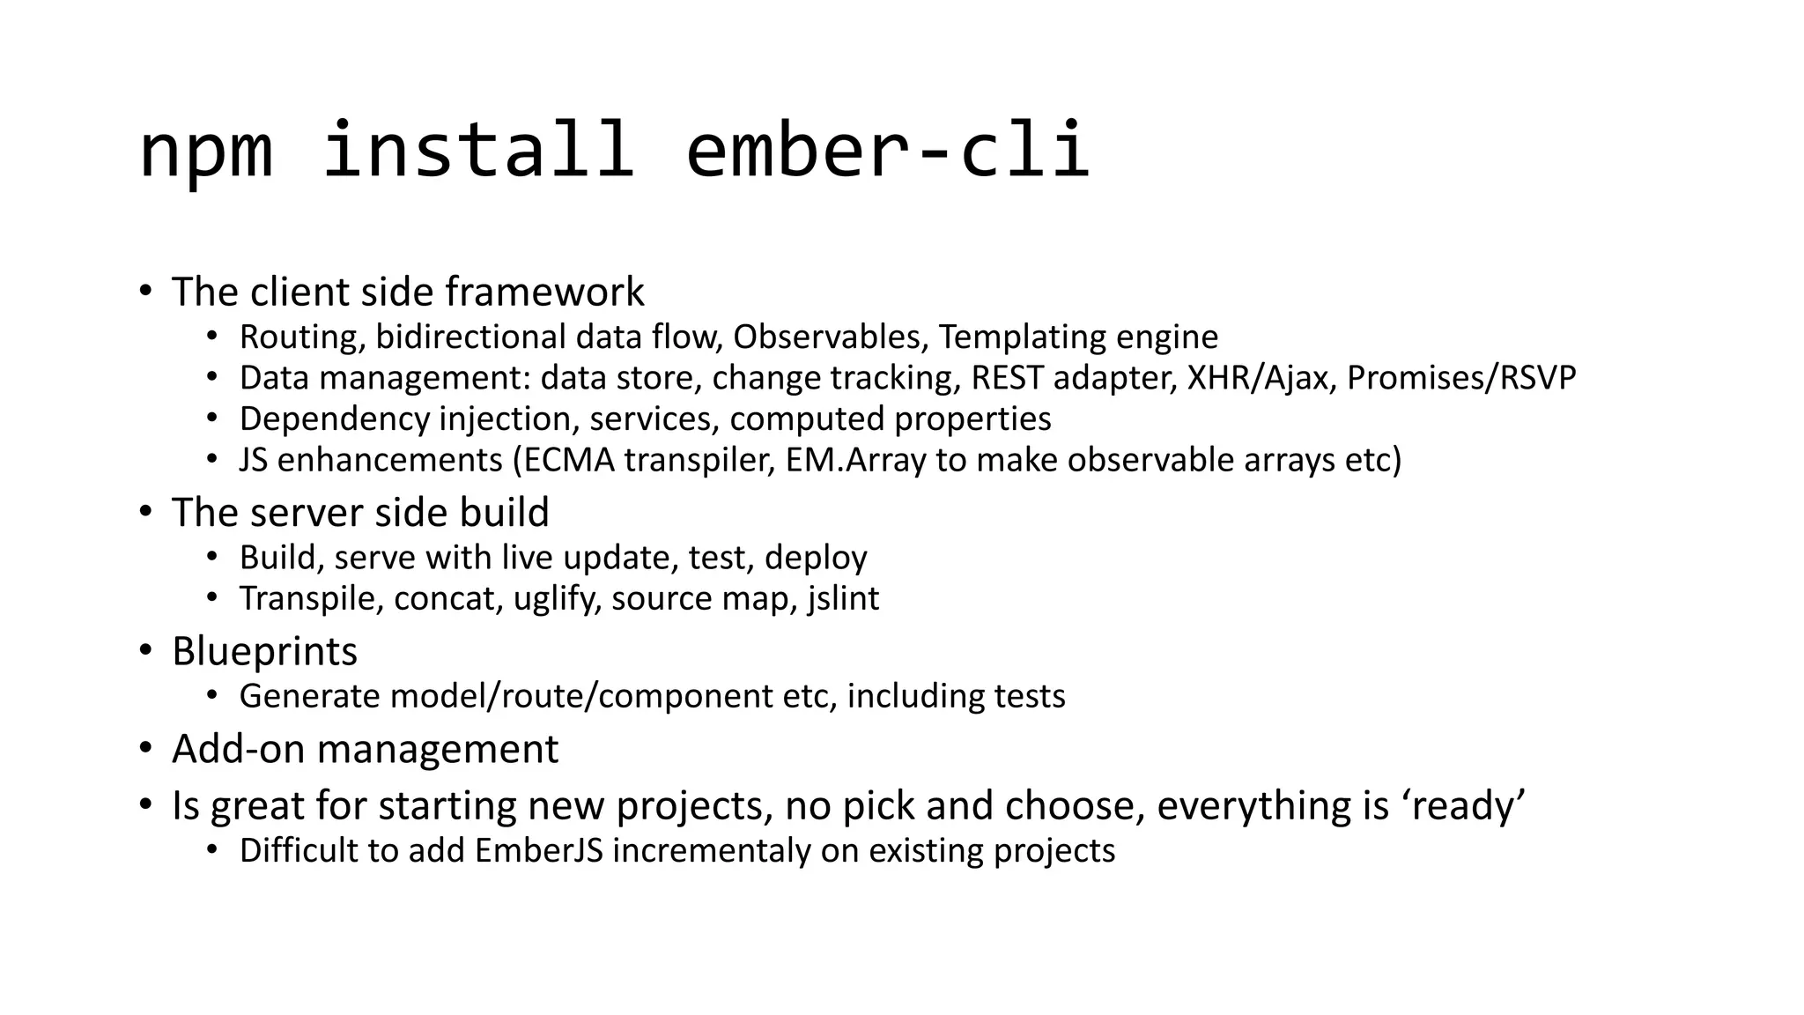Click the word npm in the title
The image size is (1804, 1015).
coord(206,152)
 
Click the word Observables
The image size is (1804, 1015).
coord(830,337)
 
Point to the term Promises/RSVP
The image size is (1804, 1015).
coord(1461,378)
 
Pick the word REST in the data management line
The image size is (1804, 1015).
coord(1008,377)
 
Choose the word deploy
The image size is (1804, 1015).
coord(816,558)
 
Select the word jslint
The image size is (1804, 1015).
coord(843,598)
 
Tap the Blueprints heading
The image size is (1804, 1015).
coord(264,651)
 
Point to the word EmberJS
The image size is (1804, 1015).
coord(539,850)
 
